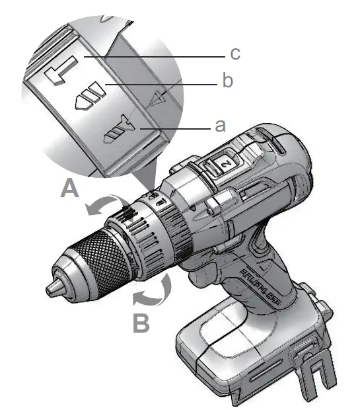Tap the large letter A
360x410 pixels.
69,189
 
